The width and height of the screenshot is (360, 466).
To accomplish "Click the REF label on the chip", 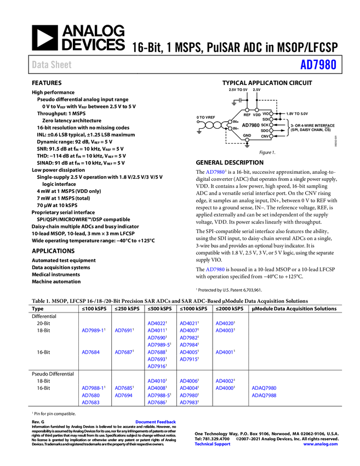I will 247,115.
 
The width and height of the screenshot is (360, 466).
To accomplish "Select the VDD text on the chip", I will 256,115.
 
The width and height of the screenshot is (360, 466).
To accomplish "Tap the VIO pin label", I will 265,113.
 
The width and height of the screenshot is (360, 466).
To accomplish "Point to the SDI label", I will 265,119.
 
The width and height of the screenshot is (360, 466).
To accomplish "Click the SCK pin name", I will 265,125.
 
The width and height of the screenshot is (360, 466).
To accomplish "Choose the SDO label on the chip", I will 265,130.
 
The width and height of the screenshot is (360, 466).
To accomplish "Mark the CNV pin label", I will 265,136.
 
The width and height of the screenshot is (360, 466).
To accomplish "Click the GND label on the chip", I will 247,135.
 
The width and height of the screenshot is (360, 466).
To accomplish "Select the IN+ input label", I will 236,122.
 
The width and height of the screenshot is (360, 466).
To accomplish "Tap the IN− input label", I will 236,128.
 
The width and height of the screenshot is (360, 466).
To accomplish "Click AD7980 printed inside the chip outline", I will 251,125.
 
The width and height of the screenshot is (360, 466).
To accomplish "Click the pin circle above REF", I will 247,110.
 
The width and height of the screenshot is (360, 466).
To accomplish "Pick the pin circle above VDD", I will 256,110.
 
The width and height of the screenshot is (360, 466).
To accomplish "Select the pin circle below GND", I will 247,140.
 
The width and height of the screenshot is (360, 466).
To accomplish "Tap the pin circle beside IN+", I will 230,122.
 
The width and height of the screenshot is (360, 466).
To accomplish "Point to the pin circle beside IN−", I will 230,128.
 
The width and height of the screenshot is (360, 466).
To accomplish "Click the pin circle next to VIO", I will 271,113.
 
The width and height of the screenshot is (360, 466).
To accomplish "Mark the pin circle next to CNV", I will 271,136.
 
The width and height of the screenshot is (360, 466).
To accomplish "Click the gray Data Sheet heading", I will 52,65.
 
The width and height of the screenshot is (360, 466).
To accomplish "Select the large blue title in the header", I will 318,65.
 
